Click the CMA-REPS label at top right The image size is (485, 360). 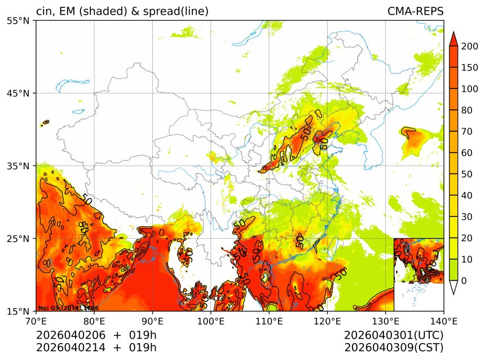point(415,11)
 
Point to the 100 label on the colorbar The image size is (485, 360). point(470,89)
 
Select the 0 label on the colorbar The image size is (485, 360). point(464,281)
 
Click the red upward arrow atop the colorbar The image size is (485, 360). point(453,38)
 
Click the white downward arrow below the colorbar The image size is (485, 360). point(453,288)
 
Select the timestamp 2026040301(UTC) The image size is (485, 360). point(394,335)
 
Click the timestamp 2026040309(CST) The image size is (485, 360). point(394,347)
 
